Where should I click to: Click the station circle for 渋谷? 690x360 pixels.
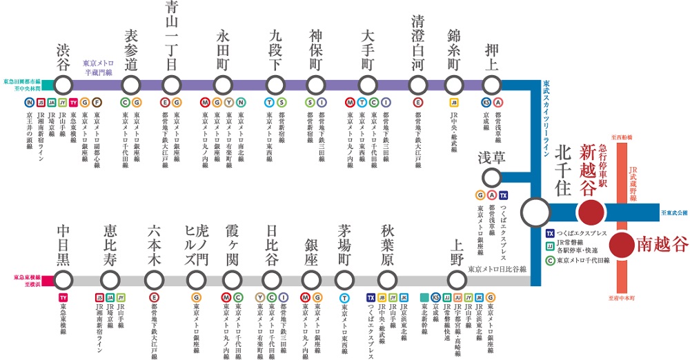[x=63, y=86]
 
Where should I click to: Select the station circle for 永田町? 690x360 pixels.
[x=222, y=86]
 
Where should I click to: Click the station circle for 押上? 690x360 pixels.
[x=491, y=86]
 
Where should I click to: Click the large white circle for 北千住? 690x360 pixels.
[x=535, y=211]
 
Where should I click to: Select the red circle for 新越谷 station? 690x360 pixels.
[x=590, y=211]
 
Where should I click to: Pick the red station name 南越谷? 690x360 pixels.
[x=663, y=243]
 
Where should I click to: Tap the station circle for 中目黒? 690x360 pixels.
[x=63, y=279]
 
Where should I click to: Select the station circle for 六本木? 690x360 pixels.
[x=155, y=279]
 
